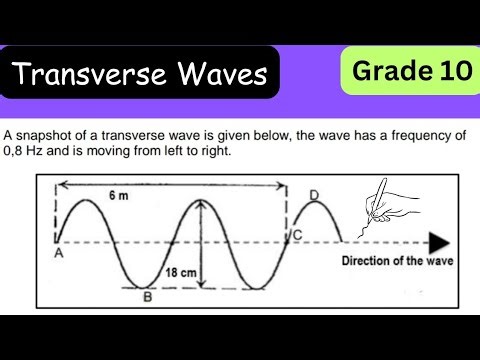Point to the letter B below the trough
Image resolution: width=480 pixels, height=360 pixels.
[x=148, y=296]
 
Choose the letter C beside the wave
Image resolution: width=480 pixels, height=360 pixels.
[x=297, y=235]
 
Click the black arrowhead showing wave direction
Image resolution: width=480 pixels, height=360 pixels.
[x=438, y=243]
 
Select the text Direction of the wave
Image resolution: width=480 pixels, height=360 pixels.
[x=397, y=262]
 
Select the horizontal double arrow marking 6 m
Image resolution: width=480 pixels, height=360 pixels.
[x=170, y=184]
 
